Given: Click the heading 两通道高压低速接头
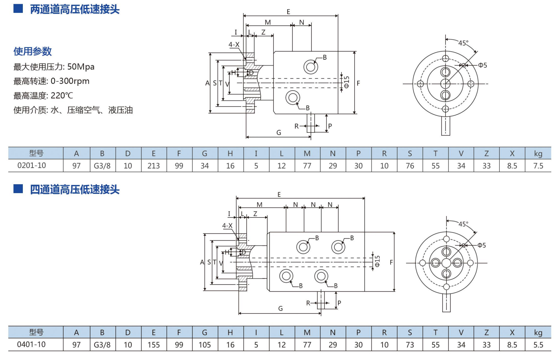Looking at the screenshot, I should pyautogui.click(x=75, y=9).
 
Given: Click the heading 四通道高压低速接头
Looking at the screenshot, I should pyautogui.click(x=75, y=189).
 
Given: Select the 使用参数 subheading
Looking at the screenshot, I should pyautogui.click(x=32, y=51).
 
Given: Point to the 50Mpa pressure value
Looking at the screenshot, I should pyautogui.click(x=81, y=67).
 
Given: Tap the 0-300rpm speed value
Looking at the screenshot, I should pyautogui.click(x=70, y=81).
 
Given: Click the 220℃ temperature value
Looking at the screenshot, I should pyautogui.click(x=62, y=95).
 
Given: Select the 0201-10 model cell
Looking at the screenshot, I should pyautogui.click(x=32, y=165).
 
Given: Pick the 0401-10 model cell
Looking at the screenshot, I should pyautogui.click(x=32, y=345).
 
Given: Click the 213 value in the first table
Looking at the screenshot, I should pyautogui.click(x=154, y=166).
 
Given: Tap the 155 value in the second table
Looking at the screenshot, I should pyautogui.click(x=154, y=345).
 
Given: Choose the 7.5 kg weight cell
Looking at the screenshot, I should pyautogui.click(x=538, y=166).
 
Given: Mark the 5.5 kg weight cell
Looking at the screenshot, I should pyautogui.click(x=538, y=345).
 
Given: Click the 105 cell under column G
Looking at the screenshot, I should pyautogui.click(x=205, y=345).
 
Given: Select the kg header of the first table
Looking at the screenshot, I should pyautogui.click(x=538, y=154).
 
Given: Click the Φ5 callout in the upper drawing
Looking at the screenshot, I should pyautogui.click(x=482, y=65).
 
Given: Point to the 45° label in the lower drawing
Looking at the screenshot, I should pyautogui.click(x=463, y=224).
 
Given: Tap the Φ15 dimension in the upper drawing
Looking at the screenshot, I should pyautogui.click(x=346, y=82).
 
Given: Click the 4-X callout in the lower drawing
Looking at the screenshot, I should pyautogui.click(x=227, y=226).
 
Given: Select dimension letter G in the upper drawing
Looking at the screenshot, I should pyautogui.click(x=279, y=133).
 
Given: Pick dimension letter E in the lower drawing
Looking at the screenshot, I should pyautogui.click(x=279, y=194).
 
